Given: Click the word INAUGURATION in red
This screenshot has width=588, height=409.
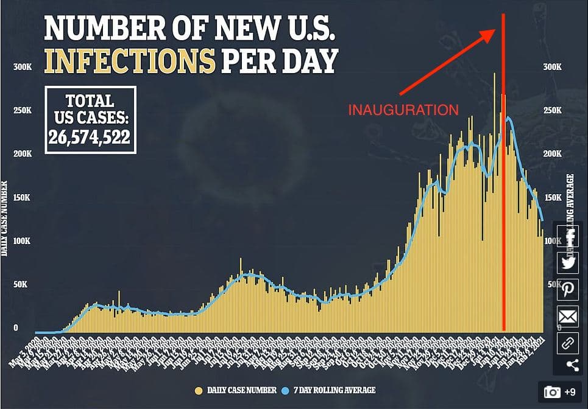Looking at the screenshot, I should click(x=403, y=110).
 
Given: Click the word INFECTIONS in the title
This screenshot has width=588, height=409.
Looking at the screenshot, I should click(x=130, y=61).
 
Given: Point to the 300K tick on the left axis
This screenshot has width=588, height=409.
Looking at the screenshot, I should click(x=23, y=66).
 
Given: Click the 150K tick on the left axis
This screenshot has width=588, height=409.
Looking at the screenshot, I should click(x=23, y=198).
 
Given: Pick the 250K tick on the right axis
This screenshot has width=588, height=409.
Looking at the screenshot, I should click(x=553, y=110).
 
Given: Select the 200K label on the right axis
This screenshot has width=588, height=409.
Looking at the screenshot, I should click(x=553, y=154).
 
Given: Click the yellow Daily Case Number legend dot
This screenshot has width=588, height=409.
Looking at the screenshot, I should click(x=199, y=390).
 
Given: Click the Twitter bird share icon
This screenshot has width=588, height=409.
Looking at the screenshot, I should click(x=569, y=262).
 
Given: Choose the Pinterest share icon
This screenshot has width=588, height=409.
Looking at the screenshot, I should click(x=569, y=289).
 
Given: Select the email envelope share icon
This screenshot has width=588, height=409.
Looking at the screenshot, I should click(x=569, y=316).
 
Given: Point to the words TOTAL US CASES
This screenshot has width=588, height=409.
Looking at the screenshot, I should click(x=89, y=108).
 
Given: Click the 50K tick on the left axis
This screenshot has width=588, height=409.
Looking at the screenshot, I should click(x=23, y=285).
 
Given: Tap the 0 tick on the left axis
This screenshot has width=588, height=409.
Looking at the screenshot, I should click(x=16, y=328).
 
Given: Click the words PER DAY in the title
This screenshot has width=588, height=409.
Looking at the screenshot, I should click(x=279, y=61).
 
